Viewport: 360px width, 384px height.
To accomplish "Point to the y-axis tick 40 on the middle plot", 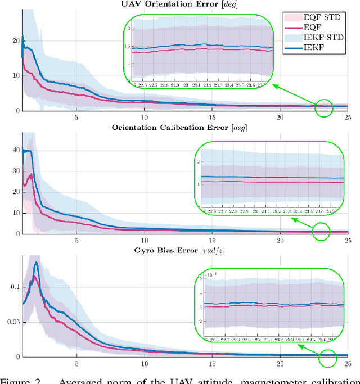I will [x=15, y=150].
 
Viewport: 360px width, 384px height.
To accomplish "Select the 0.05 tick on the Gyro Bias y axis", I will [x=11, y=321].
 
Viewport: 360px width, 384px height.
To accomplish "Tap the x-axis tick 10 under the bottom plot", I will [x=145, y=363].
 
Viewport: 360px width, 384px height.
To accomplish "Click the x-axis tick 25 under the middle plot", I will [x=347, y=240].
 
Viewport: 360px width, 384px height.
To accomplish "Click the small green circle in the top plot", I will [x=324, y=107].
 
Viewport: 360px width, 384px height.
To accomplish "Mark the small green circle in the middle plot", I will [x=321, y=231].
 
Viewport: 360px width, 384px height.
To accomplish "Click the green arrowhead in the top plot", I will [x=274, y=85].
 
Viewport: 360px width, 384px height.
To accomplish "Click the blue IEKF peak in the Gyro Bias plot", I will [x=37, y=263].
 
